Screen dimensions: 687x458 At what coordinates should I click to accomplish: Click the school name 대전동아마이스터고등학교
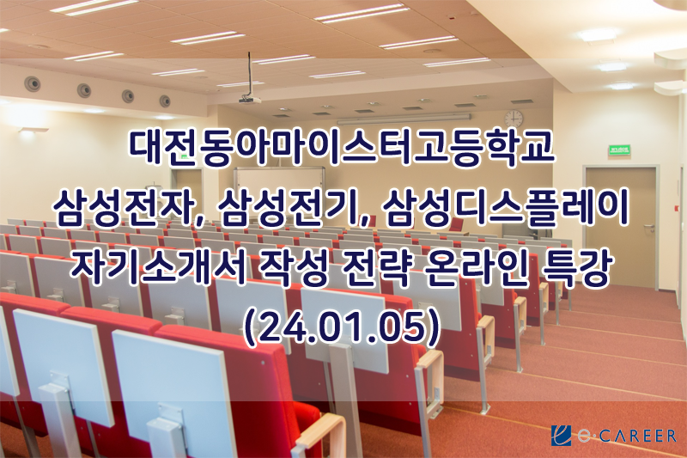342,148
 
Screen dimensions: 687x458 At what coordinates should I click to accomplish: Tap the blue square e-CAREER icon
562,436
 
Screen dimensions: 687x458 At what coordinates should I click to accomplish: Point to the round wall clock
514,119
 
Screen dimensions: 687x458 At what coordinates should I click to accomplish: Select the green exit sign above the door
619,150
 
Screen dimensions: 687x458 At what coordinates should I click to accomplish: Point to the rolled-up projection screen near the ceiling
404,119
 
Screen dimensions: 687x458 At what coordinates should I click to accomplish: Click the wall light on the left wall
33,130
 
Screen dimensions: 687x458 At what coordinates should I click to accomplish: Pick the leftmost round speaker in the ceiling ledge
32,83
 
